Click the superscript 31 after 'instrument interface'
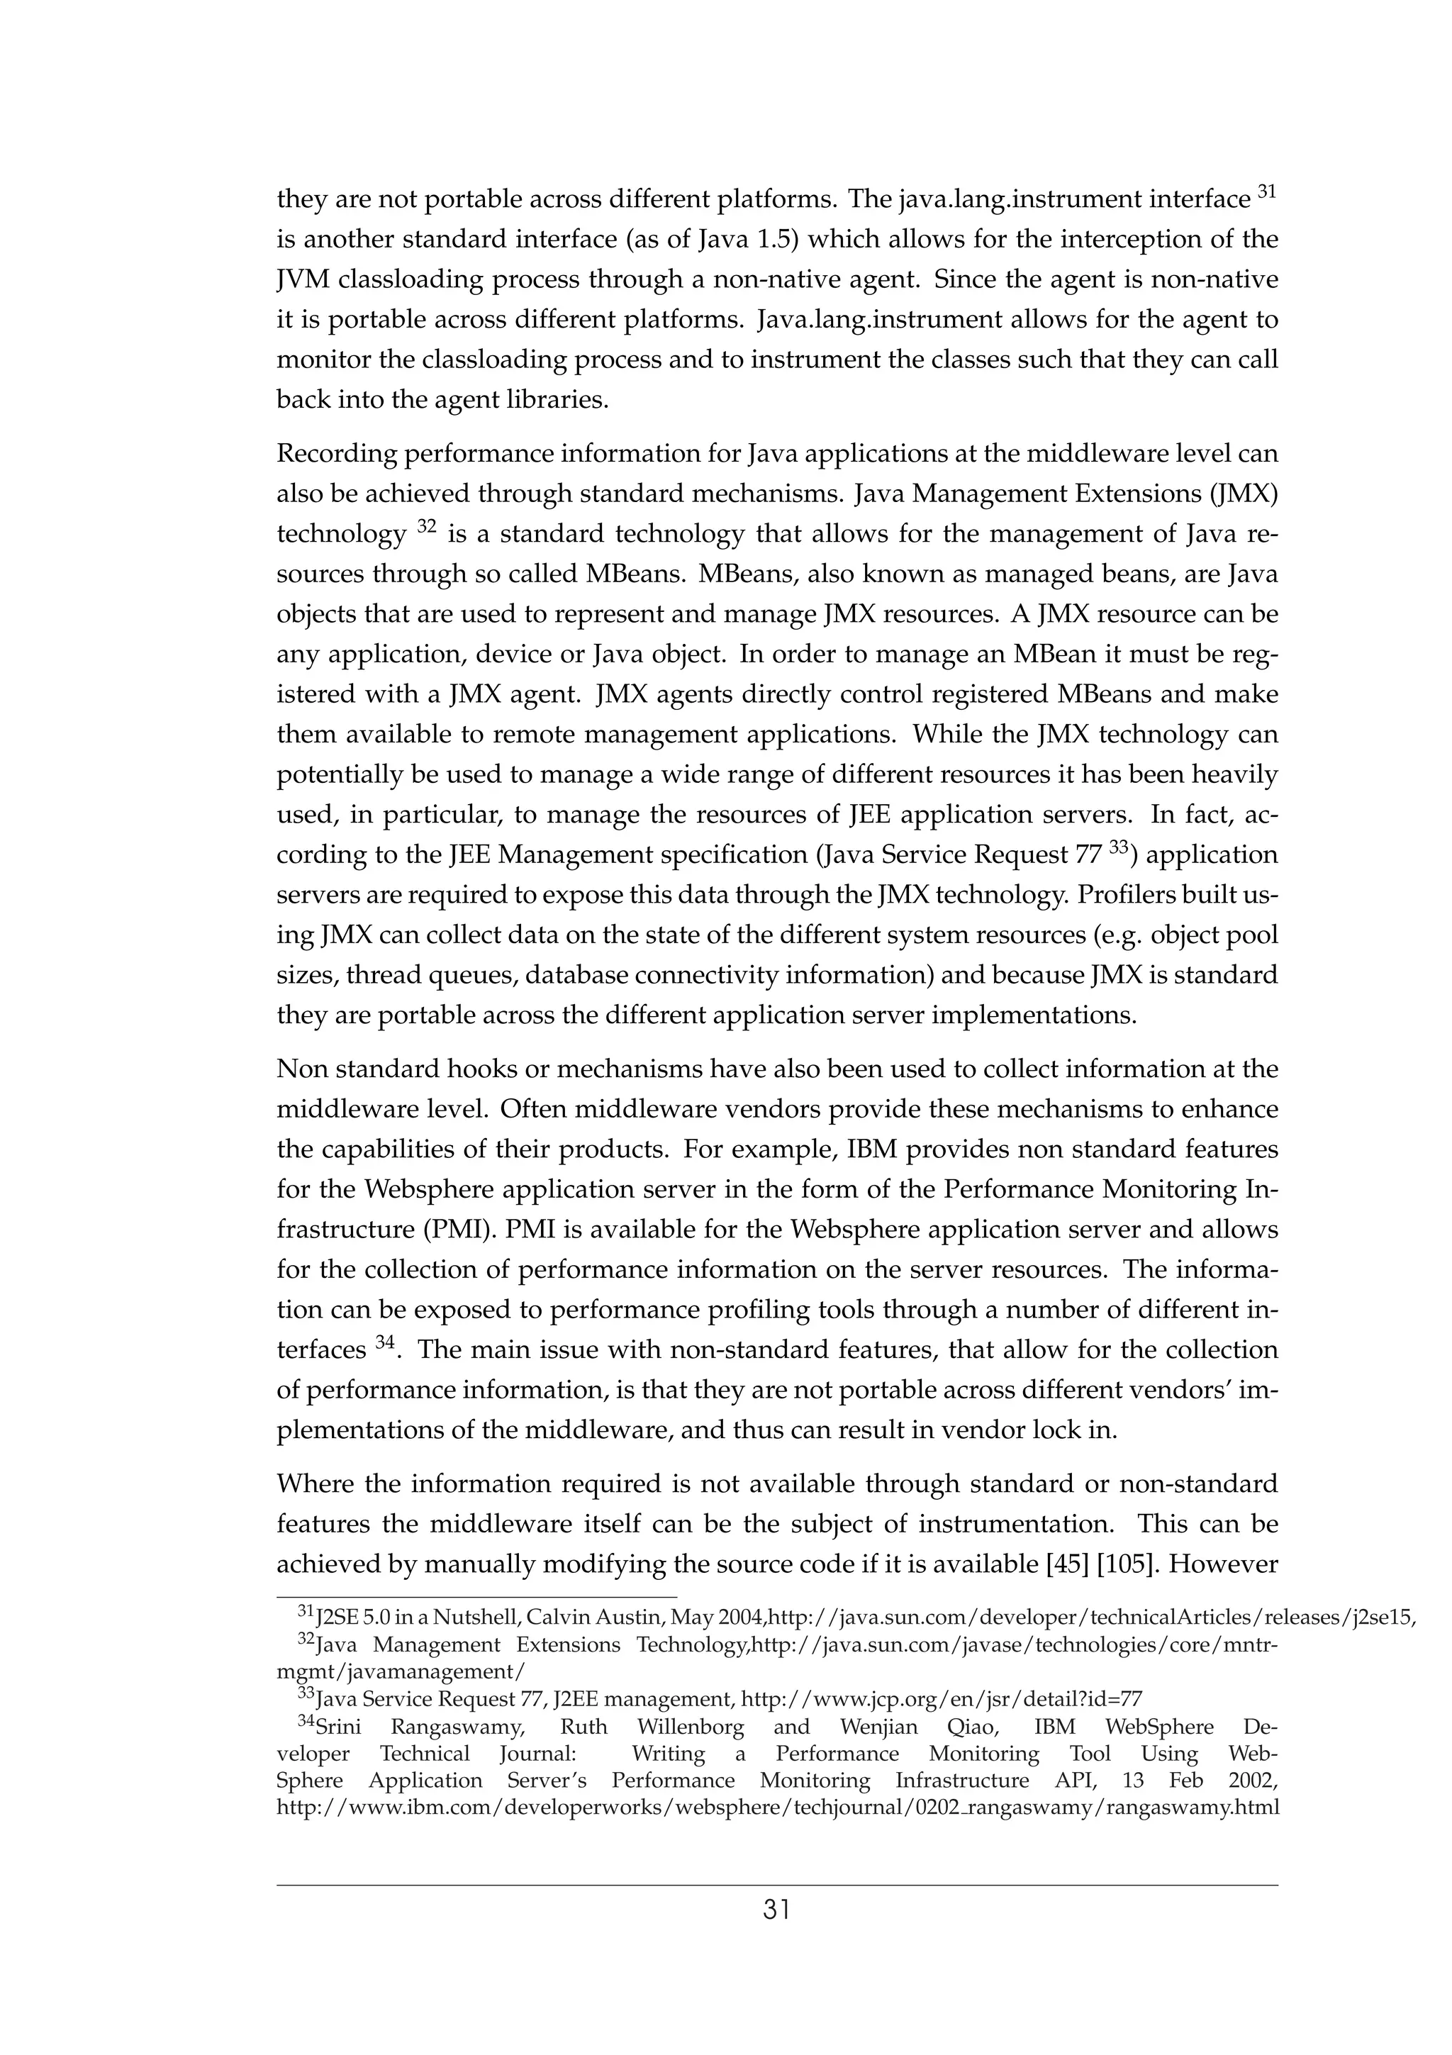(1267, 191)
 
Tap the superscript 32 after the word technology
(426, 526)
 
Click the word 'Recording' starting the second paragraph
(335, 454)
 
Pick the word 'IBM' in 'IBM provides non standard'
(871, 1149)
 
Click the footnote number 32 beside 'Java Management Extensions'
(306, 1641)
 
